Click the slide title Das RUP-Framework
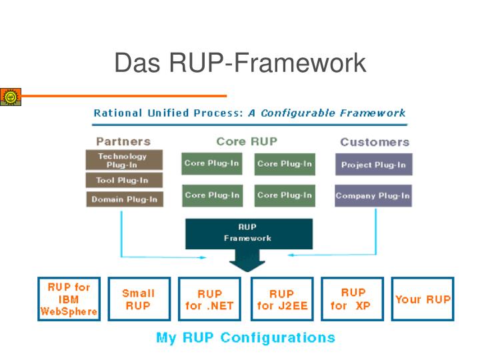[x=240, y=63]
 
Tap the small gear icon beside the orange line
[x=10, y=97]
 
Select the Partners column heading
[x=123, y=141]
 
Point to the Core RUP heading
[x=247, y=141]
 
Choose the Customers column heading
[x=375, y=142]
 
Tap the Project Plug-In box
[x=373, y=165]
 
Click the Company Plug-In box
[x=373, y=196]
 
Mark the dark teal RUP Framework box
[x=248, y=233]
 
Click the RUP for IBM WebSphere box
[x=69, y=299]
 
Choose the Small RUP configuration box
[x=138, y=299]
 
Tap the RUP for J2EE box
[x=281, y=299]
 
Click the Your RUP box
[x=422, y=299]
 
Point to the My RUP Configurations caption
[x=245, y=337]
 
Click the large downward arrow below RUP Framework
[x=247, y=261]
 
